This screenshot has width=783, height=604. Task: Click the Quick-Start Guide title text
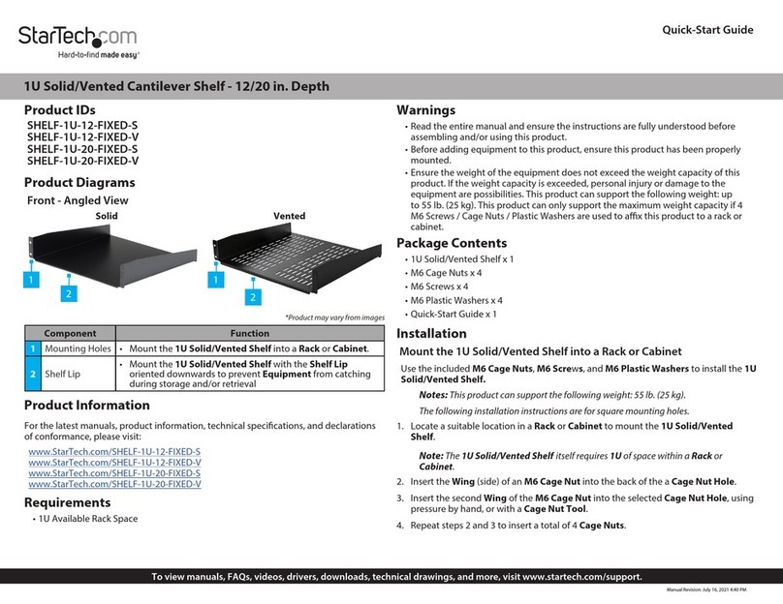[x=706, y=30]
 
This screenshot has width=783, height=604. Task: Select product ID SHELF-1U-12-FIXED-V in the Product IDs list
[x=82, y=136]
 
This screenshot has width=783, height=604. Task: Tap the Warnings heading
[x=425, y=109]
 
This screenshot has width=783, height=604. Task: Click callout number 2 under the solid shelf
[x=69, y=292]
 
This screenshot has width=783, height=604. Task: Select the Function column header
[x=249, y=332]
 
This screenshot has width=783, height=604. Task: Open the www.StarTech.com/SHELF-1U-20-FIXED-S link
[x=114, y=473]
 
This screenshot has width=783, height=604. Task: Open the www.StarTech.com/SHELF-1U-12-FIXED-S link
[x=114, y=452]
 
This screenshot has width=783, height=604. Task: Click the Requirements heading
[x=67, y=502]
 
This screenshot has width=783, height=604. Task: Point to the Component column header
[x=71, y=332]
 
